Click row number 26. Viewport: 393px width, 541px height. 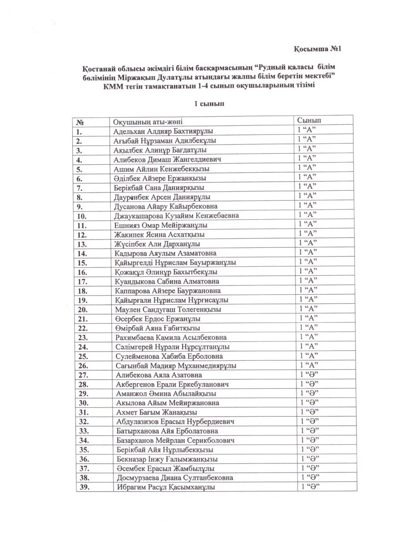(82, 366)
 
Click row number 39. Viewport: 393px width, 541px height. (82, 487)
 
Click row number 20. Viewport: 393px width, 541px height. (82, 309)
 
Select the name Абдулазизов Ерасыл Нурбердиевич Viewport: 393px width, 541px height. (175, 422)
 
